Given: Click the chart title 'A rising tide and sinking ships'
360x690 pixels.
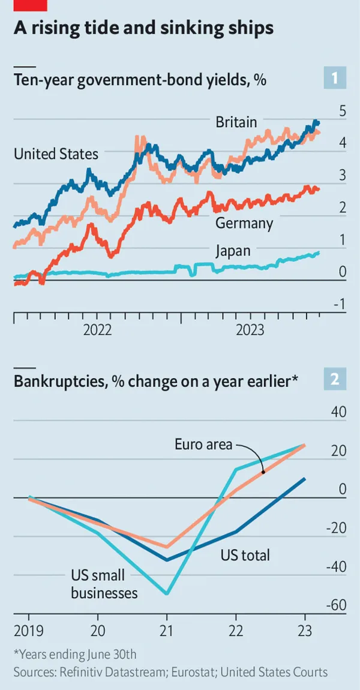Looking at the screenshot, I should click(x=143, y=28).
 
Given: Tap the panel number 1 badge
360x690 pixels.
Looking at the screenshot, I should click(x=335, y=78).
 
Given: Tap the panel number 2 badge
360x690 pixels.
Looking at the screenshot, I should click(x=335, y=379).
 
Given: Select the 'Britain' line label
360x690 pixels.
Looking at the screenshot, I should click(x=236, y=122).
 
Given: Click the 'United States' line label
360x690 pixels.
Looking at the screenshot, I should click(x=56, y=154).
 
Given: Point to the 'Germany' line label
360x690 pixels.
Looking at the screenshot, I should click(x=244, y=224).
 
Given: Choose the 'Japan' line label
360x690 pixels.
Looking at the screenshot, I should click(x=233, y=251).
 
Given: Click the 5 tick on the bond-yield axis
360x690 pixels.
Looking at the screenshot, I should click(x=343, y=111).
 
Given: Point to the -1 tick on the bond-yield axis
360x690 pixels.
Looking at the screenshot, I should click(x=339, y=305).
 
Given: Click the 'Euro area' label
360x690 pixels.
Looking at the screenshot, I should click(x=203, y=445).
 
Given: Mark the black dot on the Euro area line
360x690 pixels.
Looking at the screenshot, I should click(x=263, y=472).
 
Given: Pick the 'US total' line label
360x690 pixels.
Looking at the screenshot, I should click(x=245, y=555).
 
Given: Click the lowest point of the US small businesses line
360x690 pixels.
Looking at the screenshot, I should click(x=167, y=594).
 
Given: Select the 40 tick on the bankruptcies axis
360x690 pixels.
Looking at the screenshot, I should click(x=339, y=412).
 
